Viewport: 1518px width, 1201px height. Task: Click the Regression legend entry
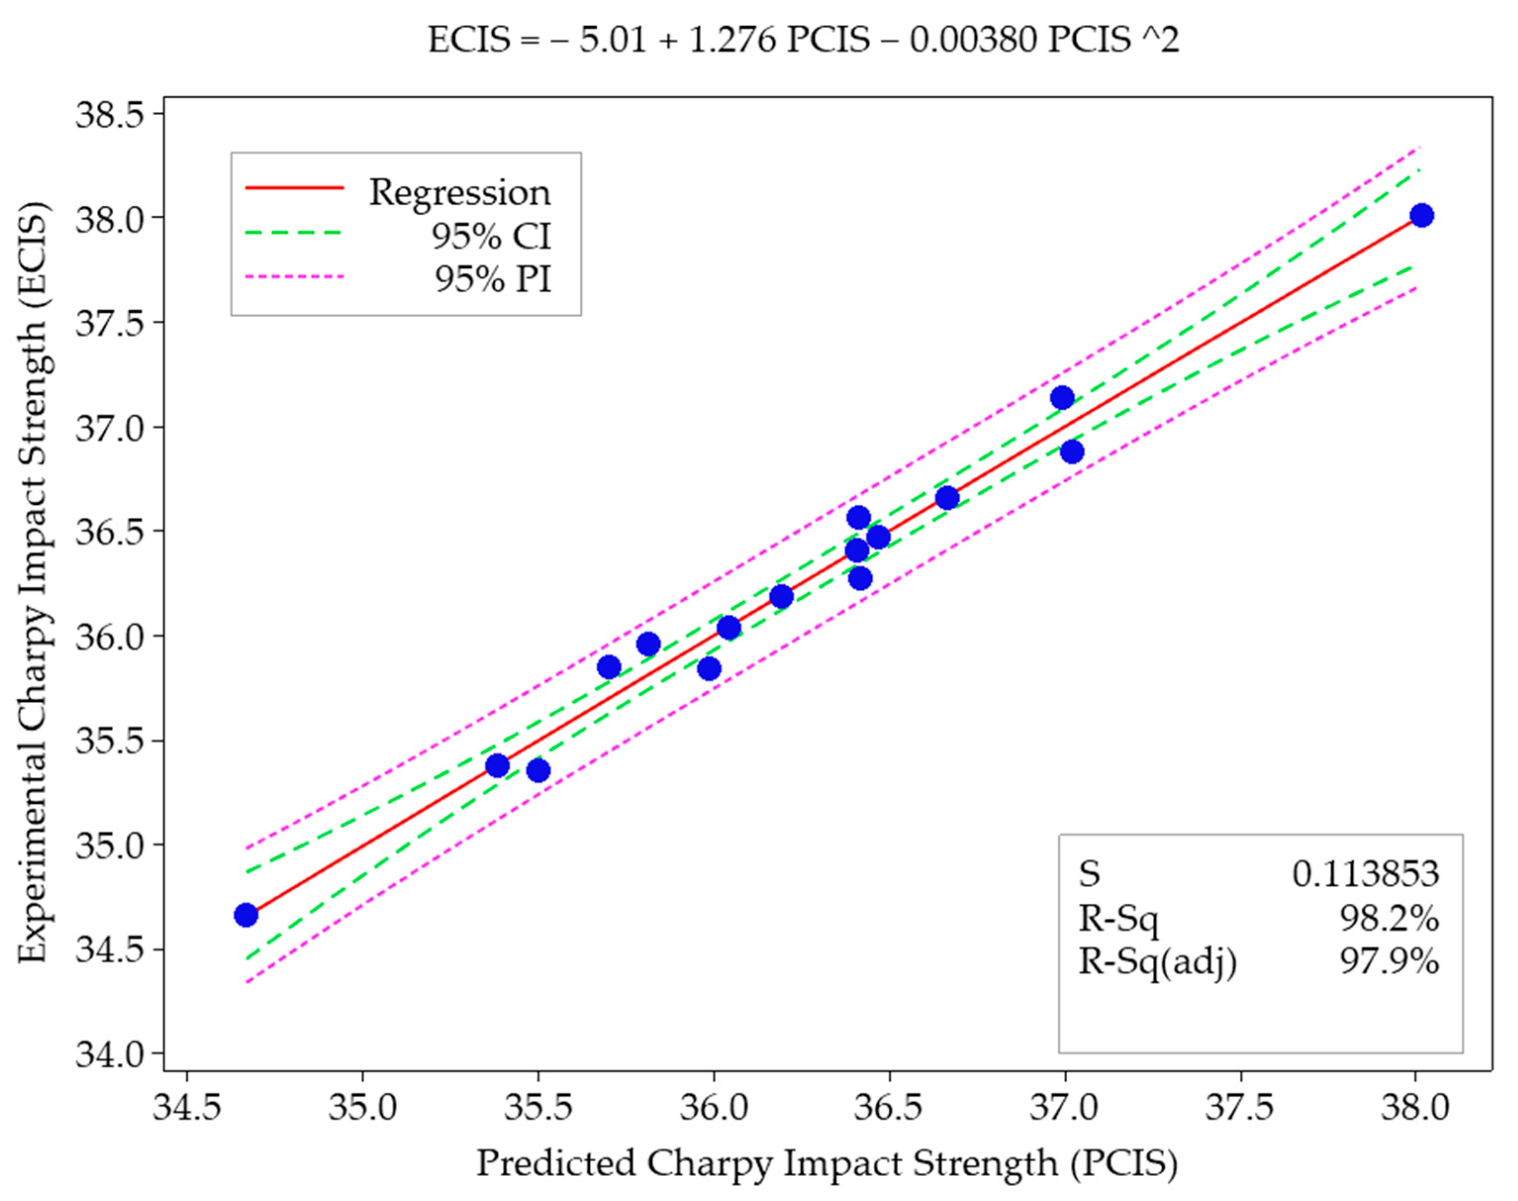pyautogui.click(x=459, y=192)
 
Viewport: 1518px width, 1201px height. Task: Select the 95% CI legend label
pyautogui.click(x=491, y=236)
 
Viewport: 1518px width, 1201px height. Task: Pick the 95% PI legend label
pyautogui.click(x=492, y=279)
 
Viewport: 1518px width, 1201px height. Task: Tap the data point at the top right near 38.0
pyautogui.click(x=1421, y=215)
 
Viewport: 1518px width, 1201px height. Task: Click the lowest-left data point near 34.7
pyautogui.click(x=245, y=915)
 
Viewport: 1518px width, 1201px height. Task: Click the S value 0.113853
pyautogui.click(x=1365, y=874)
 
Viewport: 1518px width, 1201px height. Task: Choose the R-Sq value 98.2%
pyautogui.click(x=1389, y=917)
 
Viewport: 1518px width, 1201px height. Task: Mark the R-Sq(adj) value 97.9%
pyautogui.click(x=1389, y=961)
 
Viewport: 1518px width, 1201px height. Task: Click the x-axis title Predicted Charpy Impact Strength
pyautogui.click(x=827, y=1164)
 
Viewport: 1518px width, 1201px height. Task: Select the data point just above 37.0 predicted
pyautogui.click(x=1062, y=397)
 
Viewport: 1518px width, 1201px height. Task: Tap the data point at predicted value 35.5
pyautogui.click(x=538, y=770)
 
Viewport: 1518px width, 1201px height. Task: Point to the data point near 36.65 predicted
pyautogui.click(x=947, y=498)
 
